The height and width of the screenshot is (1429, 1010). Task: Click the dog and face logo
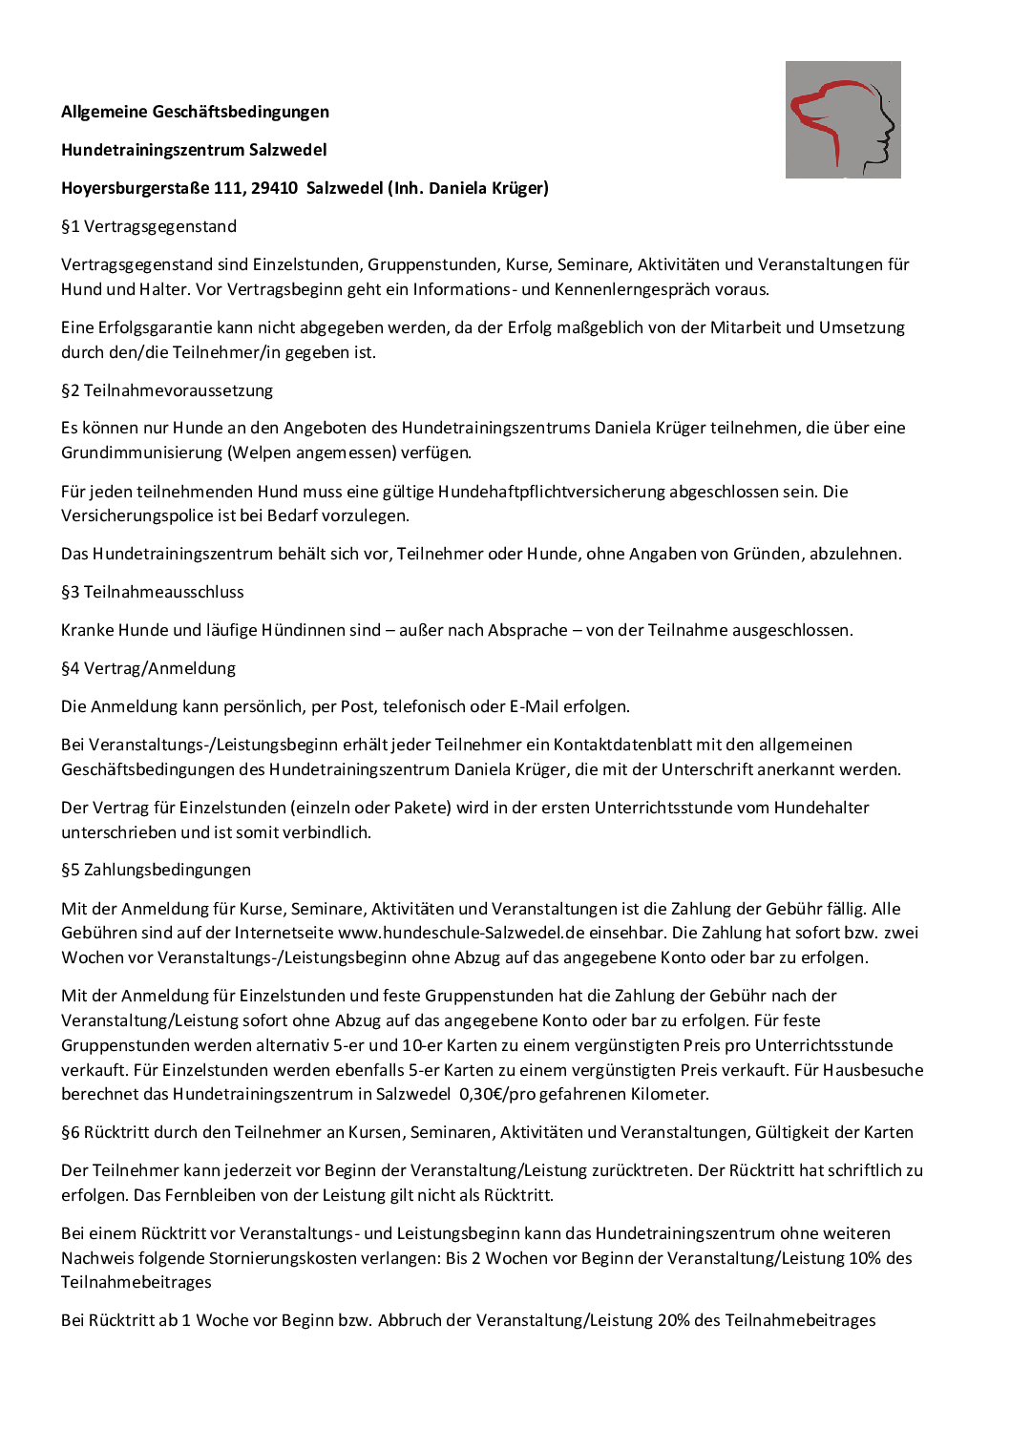pyautogui.click(x=843, y=119)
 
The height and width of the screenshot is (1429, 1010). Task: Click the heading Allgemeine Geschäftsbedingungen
pyautogui.click(x=195, y=112)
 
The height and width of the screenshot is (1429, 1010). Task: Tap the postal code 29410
pyautogui.click(x=274, y=188)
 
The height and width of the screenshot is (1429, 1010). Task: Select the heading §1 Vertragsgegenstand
pyautogui.click(x=149, y=226)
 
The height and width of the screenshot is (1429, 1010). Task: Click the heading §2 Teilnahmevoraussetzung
pyautogui.click(x=167, y=390)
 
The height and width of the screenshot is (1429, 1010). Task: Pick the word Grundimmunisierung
pyautogui.click(x=141, y=452)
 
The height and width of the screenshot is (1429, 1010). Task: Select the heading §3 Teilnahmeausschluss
pyautogui.click(x=153, y=592)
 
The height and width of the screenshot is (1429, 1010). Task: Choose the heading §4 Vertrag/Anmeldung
pyautogui.click(x=148, y=668)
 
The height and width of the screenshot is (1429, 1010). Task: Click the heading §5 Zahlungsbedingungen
pyautogui.click(x=156, y=870)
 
